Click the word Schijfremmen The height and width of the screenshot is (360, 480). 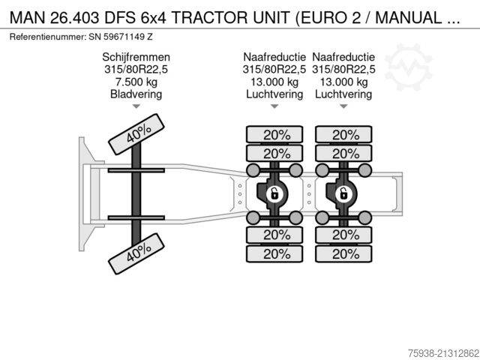coord(136,57)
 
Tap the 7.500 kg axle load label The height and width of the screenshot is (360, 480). coord(136,82)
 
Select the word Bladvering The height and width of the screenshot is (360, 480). coord(136,94)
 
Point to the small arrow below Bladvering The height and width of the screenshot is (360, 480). coord(136,107)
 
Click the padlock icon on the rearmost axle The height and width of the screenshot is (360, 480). coord(344,195)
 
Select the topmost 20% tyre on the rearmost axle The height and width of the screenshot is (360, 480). coord(345,135)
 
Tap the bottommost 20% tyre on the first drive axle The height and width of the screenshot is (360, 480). coord(274,253)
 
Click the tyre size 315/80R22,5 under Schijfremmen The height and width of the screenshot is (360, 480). coord(136,69)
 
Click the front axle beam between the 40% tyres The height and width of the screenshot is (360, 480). coord(136,193)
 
